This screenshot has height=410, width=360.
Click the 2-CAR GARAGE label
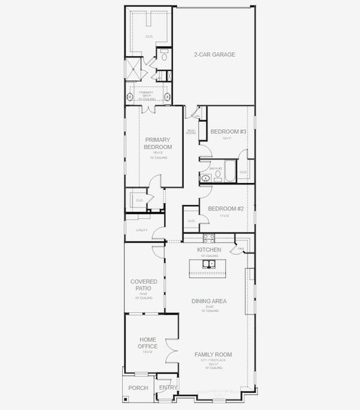pos(214,55)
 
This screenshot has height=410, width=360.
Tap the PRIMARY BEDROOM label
pos(158,143)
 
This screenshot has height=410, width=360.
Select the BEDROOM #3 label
pos(227,131)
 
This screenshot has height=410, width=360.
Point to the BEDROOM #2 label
pos(226,208)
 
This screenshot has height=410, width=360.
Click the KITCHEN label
pos(209,250)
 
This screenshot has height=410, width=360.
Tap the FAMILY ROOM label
pos(213,355)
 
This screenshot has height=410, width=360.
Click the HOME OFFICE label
pos(148,343)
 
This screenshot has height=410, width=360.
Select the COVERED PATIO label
pos(143,285)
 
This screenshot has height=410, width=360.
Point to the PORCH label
pos(138,387)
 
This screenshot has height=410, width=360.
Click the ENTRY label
pos(167,387)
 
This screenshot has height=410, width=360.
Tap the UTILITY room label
pos(141,230)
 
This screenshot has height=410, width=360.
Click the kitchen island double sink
pos(211,264)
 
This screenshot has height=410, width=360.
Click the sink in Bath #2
pos(206,178)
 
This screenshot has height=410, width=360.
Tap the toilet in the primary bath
pos(164,55)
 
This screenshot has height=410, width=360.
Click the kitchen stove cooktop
pos(209,238)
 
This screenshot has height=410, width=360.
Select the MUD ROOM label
pos(191,132)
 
